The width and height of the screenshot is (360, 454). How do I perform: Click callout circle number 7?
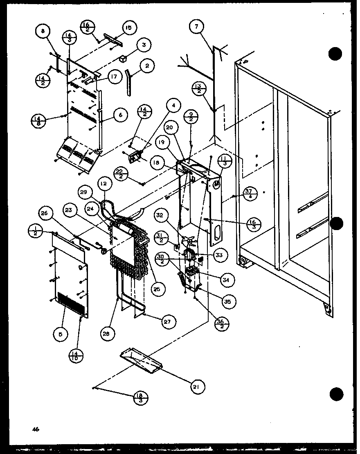[x=197, y=27]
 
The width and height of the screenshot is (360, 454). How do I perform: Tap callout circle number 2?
[x=147, y=66]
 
